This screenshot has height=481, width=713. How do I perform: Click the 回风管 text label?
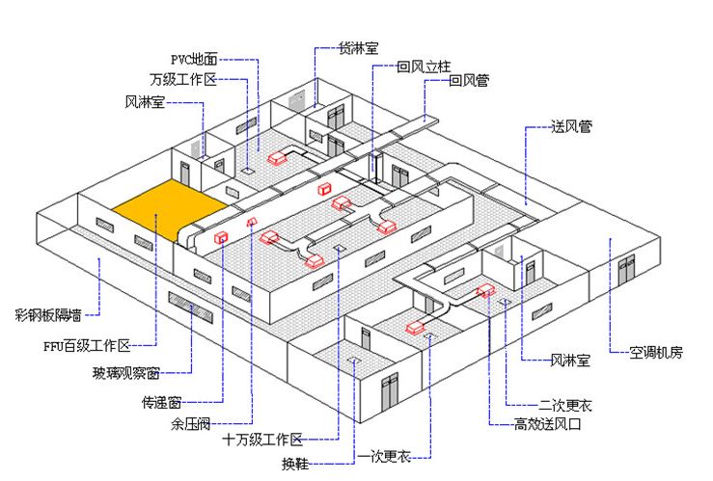click(x=469, y=81)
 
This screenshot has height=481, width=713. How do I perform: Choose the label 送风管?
click(x=571, y=126)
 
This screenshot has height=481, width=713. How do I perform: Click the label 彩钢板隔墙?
click(x=48, y=313)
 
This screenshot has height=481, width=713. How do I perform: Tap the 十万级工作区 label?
click(x=262, y=439)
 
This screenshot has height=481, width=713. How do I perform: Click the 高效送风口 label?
click(x=548, y=423)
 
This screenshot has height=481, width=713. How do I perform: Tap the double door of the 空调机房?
click(x=628, y=266)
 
